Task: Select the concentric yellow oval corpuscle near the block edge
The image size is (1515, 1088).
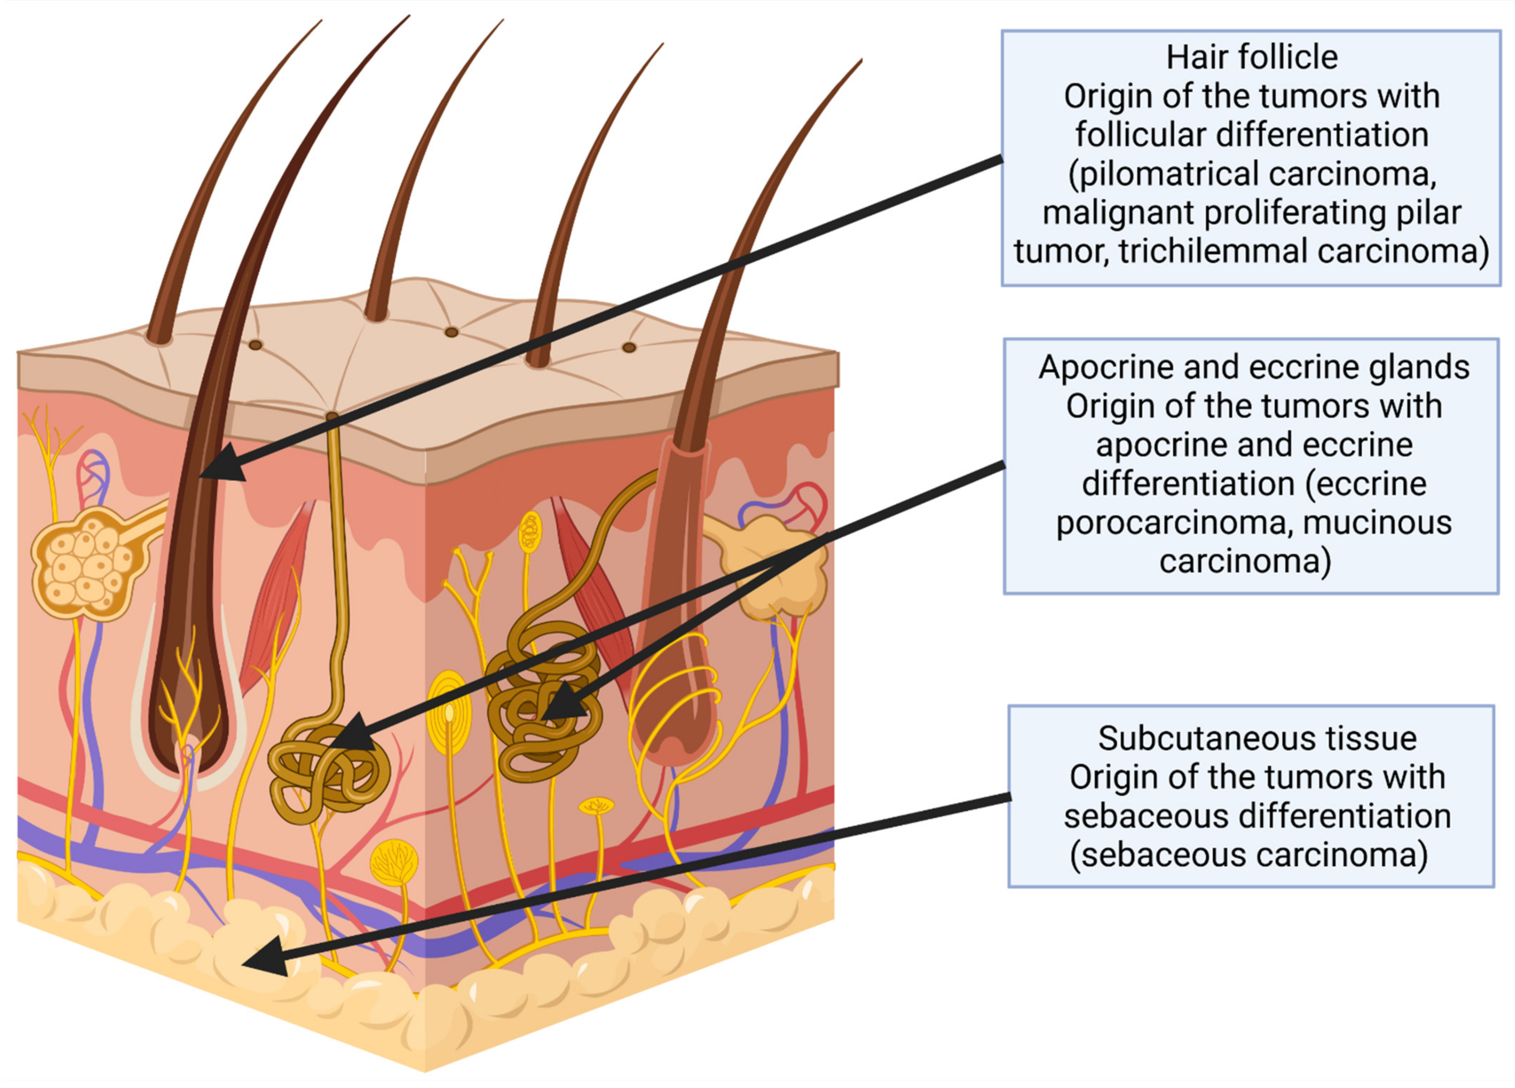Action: [449, 713]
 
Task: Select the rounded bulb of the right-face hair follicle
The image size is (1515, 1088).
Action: [675, 735]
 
